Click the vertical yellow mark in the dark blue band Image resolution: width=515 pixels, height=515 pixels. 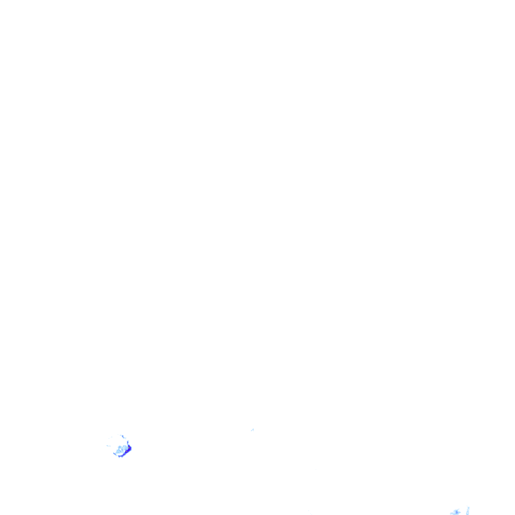coord(129,448)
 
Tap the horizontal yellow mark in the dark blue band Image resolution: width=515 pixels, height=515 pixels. coord(127,451)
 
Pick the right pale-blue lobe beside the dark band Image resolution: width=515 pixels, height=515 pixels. coord(125,448)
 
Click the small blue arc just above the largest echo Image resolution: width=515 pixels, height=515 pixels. coord(123,437)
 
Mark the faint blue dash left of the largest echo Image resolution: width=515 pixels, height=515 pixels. coord(109,446)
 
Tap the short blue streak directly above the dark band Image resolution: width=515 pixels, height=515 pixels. coord(128,442)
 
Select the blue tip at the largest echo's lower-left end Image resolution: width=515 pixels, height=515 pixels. coord(114,454)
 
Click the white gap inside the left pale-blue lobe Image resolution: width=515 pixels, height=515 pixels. coord(120,449)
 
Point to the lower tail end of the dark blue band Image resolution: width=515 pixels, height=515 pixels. coord(119,457)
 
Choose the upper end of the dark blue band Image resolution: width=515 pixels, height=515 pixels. coord(129,446)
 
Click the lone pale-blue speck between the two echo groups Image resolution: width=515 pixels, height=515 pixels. coord(252,430)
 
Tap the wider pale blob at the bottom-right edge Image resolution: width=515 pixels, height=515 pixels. coord(455,512)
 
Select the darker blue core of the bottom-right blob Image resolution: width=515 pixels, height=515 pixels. coord(457,512)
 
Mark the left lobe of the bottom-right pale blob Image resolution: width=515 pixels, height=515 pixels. coord(452,513)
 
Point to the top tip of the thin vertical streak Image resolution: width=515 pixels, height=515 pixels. coord(467,506)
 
